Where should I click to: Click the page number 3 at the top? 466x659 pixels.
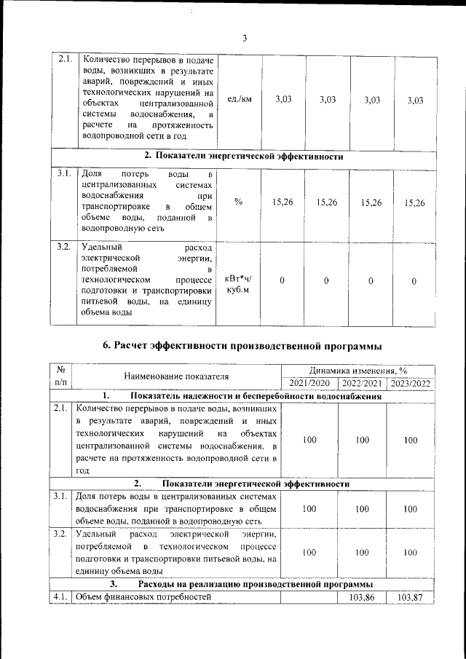pos(245,39)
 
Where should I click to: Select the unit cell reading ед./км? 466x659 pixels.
pos(239,100)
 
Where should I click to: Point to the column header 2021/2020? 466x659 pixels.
pos(309,383)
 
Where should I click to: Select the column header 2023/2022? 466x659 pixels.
pos(411,383)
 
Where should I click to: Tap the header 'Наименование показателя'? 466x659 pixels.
pos(176,376)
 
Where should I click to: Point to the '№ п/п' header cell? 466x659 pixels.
pos(60,376)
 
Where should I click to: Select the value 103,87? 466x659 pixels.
pos(411,597)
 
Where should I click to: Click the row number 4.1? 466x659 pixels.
pos(60,597)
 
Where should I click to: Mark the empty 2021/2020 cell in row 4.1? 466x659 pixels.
pos(309,597)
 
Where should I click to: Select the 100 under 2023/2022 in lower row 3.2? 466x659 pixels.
pos(411,553)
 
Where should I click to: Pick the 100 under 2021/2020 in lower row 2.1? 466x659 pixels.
pos(309,440)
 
